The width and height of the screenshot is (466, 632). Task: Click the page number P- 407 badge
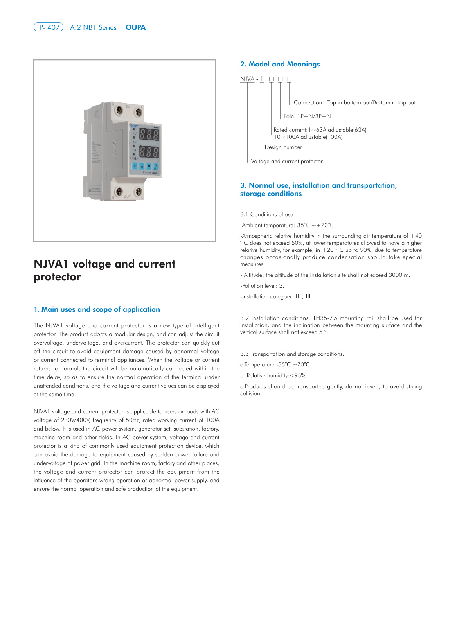[x=49, y=27]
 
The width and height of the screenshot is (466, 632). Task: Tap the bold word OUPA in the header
[x=135, y=27]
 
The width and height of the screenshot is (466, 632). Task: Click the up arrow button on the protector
[x=142, y=166]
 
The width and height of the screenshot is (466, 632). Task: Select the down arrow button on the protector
[x=149, y=166]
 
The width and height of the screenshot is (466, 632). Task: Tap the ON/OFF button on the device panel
[x=156, y=166]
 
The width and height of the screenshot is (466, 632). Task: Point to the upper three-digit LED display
[x=149, y=135]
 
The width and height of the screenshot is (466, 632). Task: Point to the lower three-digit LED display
[x=149, y=152]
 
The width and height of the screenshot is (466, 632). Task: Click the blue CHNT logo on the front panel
[x=134, y=126]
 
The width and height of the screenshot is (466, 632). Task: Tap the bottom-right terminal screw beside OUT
[x=138, y=192]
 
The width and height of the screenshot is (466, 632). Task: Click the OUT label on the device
[x=127, y=197]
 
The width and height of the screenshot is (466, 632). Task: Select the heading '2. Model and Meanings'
[x=280, y=64]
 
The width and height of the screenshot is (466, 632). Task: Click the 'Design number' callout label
[x=283, y=147]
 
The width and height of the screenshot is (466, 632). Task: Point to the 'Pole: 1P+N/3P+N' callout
[x=307, y=116]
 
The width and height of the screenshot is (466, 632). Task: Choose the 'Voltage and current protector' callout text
[x=287, y=161]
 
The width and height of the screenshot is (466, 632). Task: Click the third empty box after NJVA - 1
[x=289, y=79]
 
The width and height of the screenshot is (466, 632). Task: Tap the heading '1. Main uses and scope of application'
[x=97, y=309]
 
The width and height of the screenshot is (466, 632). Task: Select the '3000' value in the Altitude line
[x=395, y=275]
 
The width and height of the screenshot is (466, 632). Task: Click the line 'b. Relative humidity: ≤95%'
[x=273, y=376]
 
